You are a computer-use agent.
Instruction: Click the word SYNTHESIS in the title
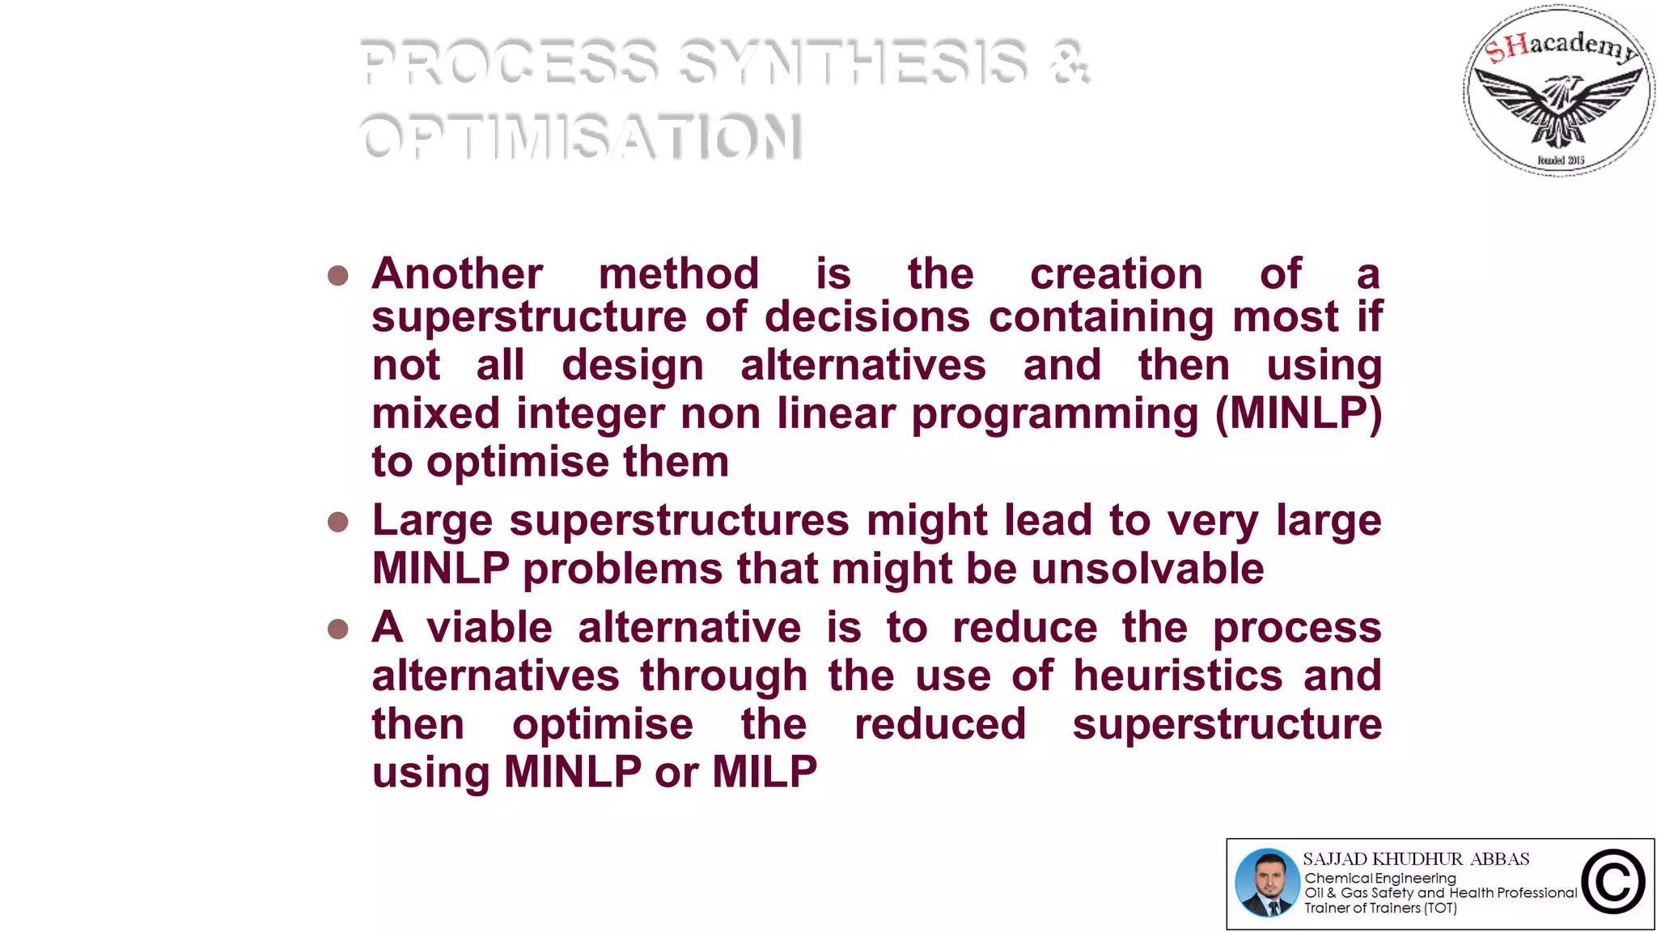[x=854, y=62]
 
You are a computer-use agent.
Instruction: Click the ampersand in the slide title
[x=1070, y=62]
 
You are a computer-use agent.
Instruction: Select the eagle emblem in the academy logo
[x=1559, y=108]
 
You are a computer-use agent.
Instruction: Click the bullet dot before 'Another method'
[x=338, y=276]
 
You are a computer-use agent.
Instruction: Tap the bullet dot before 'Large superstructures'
[x=338, y=522]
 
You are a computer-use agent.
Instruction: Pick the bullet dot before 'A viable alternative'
[x=338, y=629]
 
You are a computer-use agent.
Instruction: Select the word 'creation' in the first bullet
[x=1117, y=273]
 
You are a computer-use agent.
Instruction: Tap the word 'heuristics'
[x=1178, y=676]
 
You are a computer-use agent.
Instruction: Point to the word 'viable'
[x=489, y=628]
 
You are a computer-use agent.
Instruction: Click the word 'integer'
[x=590, y=415]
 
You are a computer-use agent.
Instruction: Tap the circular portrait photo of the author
[x=1267, y=883]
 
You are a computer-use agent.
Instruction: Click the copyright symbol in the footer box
[x=1613, y=882]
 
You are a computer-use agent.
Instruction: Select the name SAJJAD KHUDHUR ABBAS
[x=1416, y=859]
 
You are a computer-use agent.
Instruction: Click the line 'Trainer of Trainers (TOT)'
[x=1380, y=908]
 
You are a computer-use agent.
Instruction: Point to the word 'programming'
[x=1055, y=415]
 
